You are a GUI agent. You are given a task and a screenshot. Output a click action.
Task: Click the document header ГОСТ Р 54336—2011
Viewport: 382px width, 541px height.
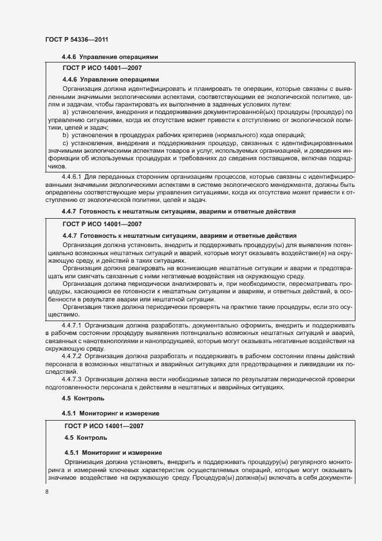click(77, 39)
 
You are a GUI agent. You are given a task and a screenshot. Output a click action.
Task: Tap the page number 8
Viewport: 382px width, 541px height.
click(47, 492)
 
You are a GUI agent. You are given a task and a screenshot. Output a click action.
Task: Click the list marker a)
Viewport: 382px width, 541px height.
click(65, 111)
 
